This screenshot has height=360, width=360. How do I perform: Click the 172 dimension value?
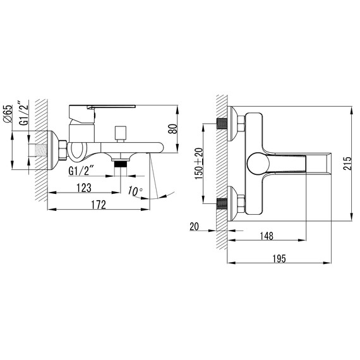pyautogui.click(x=99, y=205)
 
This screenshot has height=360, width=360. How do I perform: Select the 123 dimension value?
pyautogui.click(x=84, y=188)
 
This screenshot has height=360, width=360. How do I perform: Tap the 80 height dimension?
pyautogui.click(x=173, y=129)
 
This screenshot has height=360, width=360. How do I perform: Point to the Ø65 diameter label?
pyautogui.click(x=7, y=114)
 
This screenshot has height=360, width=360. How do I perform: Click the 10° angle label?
pyautogui.click(x=135, y=191)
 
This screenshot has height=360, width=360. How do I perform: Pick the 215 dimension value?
pyautogui.click(x=347, y=163)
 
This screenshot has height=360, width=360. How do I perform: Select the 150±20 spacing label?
pyautogui.click(x=199, y=164)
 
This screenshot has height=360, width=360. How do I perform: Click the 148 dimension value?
pyautogui.click(x=267, y=236)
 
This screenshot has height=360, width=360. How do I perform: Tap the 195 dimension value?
pyautogui.click(x=279, y=258)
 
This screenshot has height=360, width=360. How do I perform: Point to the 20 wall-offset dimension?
pyautogui.click(x=195, y=226)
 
